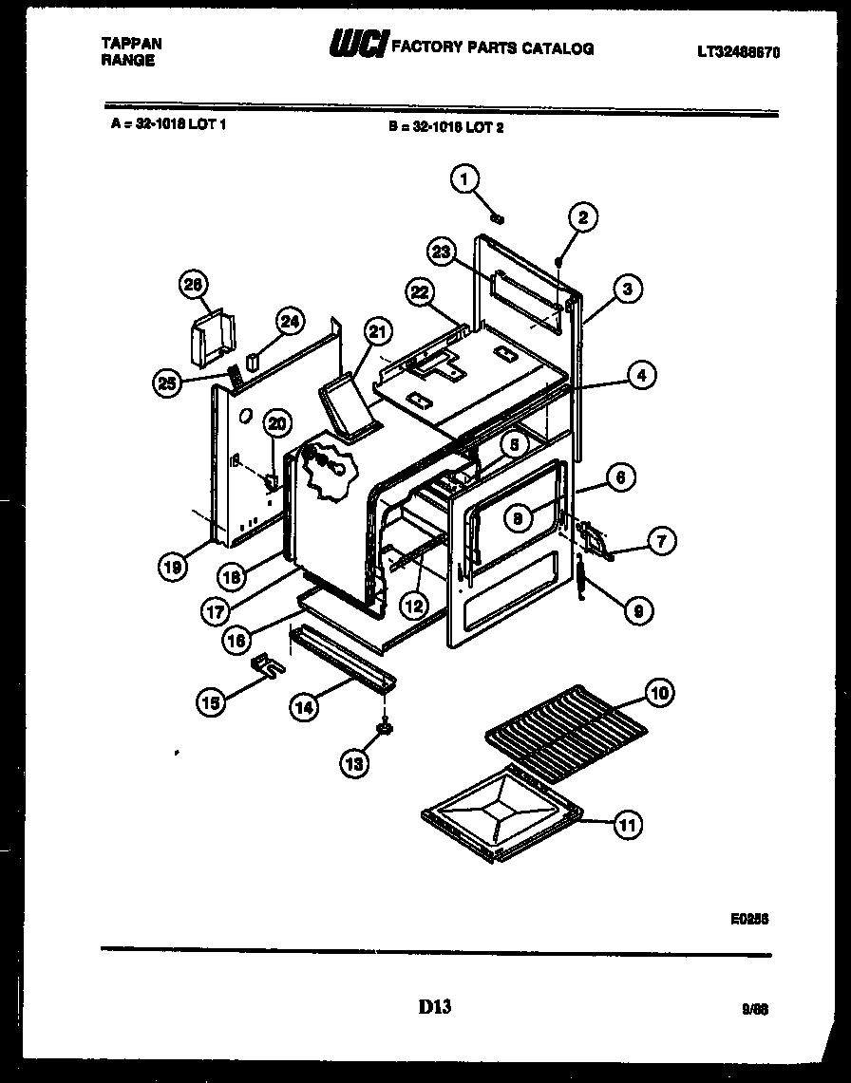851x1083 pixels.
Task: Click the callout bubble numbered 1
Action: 465,178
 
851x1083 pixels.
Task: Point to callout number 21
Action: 378,331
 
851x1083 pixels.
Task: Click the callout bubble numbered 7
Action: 661,542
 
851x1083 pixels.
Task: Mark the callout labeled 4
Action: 642,376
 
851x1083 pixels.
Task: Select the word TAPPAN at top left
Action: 131,44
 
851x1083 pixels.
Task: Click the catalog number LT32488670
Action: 737,55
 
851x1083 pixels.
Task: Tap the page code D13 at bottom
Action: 434,1007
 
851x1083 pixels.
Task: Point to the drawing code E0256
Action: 748,919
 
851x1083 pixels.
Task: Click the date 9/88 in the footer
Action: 755,1010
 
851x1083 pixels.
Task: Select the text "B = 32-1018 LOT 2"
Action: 445,126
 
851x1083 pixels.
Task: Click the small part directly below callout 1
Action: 497,218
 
